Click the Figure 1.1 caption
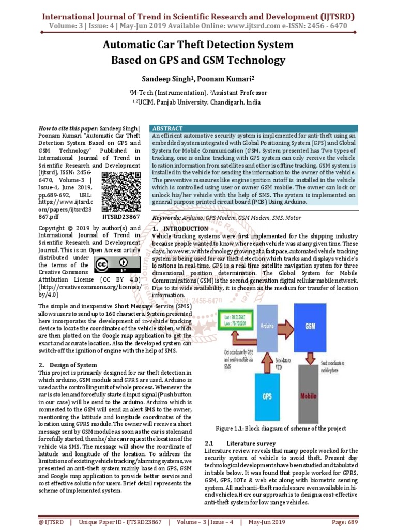click(281, 429)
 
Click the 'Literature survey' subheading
click(251, 444)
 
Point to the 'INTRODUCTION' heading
click(185, 229)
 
